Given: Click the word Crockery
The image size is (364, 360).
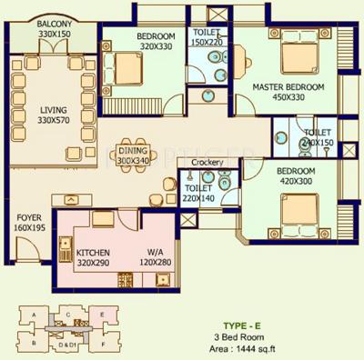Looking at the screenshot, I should (207, 162).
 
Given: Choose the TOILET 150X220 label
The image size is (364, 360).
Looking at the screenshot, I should (208, 37).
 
